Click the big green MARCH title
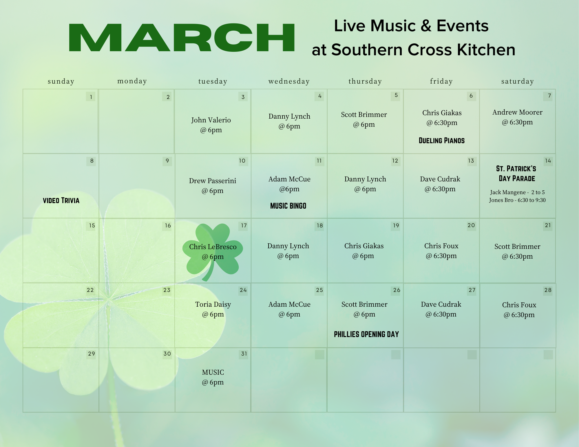(x=182, y=38)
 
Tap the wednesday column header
(x=289, y=81)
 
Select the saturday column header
(x=518, y=82)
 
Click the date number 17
(x=244, y=226)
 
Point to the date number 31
(x=244, y=354)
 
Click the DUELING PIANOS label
(x=442, y=141)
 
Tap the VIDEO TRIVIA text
(x=61, y=200)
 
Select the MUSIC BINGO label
(x=288, y=206)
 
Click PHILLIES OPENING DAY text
(x=366, y=334)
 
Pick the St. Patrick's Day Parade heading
(x=517, y=173)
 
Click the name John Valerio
(x=211, y=120)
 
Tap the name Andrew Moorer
(x=518, y=112)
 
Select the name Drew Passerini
(x=213, y=181)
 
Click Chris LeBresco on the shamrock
(x=213, y=247)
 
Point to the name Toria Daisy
(x=213, y=304)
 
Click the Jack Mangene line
(x=517, y=192)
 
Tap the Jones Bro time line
(x=517, y=200)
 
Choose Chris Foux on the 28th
(x=519, y=305)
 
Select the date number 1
(x=91, y=97)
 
